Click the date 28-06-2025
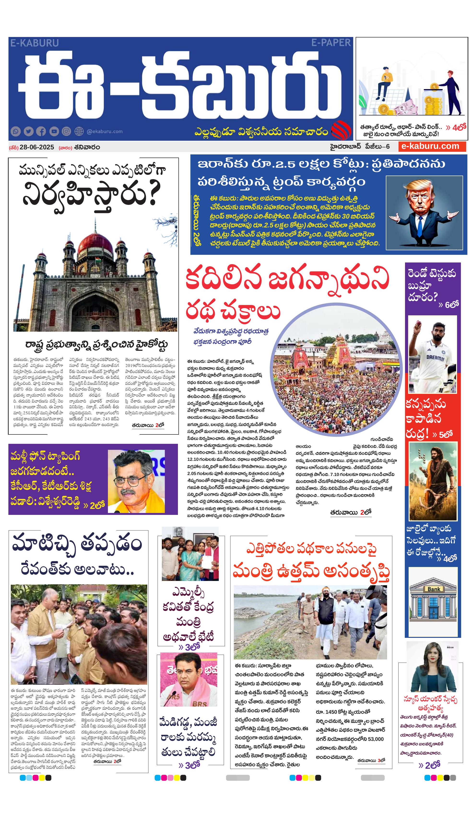[x=37, y=147]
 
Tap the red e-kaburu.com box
[x=432, y=146]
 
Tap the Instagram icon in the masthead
[x=66, y=131]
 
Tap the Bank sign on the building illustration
[x=434, y=589]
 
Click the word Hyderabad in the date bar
[x=345, y=146]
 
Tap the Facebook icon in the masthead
[x=41, y=131]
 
